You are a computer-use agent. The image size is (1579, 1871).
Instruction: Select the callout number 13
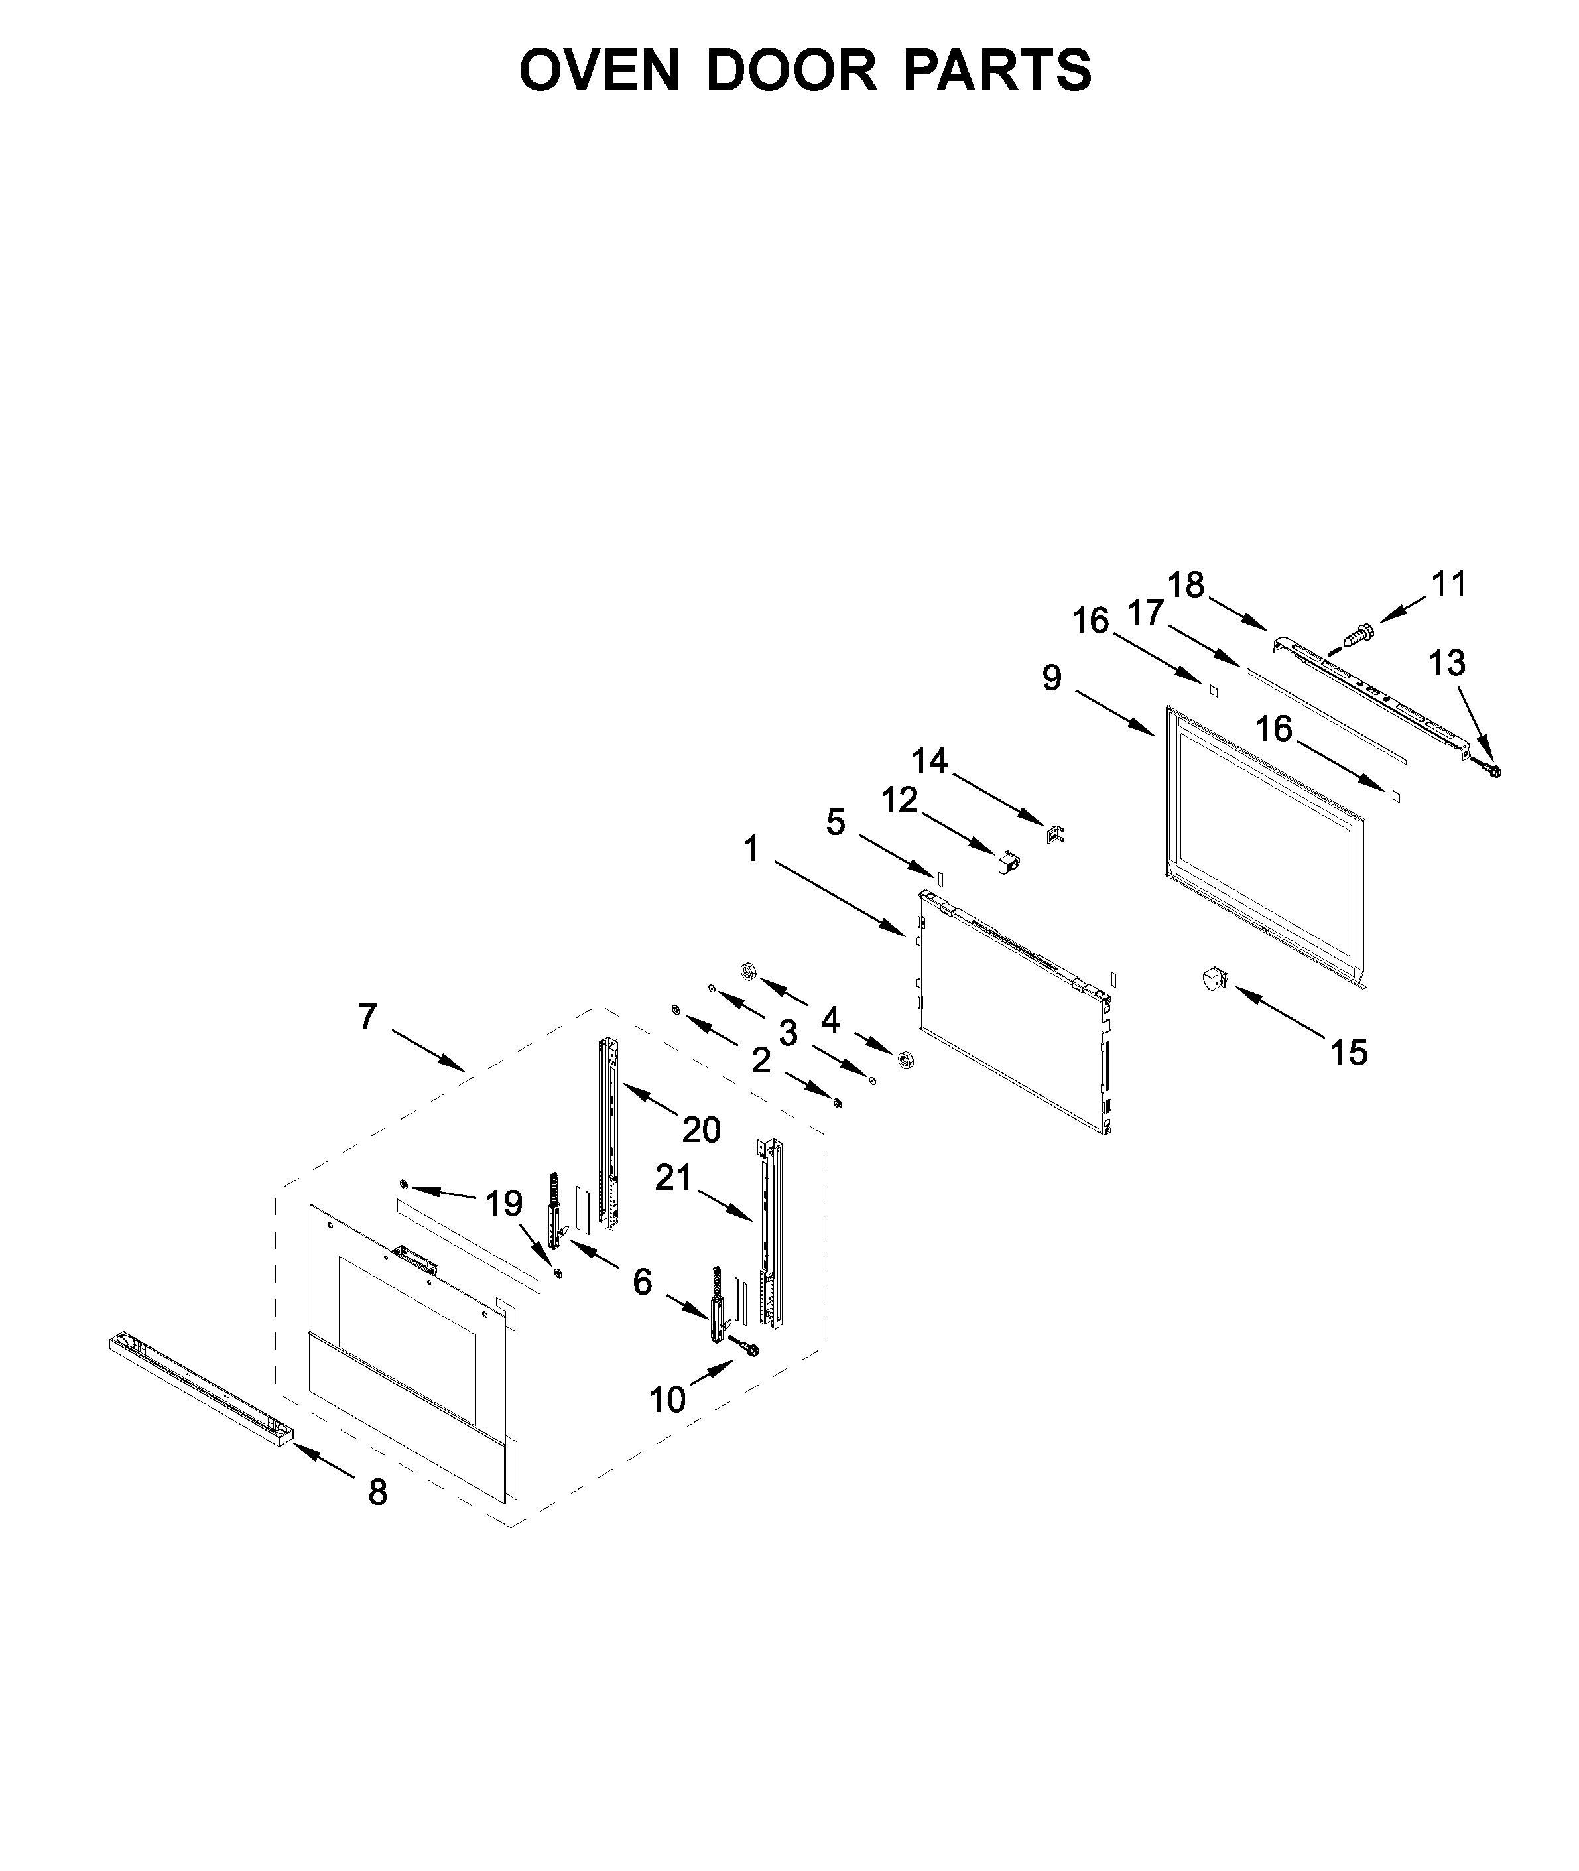[1446, 663]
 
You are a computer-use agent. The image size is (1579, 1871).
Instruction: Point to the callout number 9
[1052, 678]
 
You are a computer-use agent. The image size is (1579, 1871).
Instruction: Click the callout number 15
[1349, 1053]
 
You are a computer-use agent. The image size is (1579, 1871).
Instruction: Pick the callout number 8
[378, 1492]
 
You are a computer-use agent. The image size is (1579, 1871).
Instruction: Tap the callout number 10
[667, 1399]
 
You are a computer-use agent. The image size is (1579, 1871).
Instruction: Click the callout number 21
[673, 1178]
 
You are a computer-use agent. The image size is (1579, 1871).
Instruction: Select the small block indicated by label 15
[1213, 980]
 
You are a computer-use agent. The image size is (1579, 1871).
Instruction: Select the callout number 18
[1185, 586]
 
